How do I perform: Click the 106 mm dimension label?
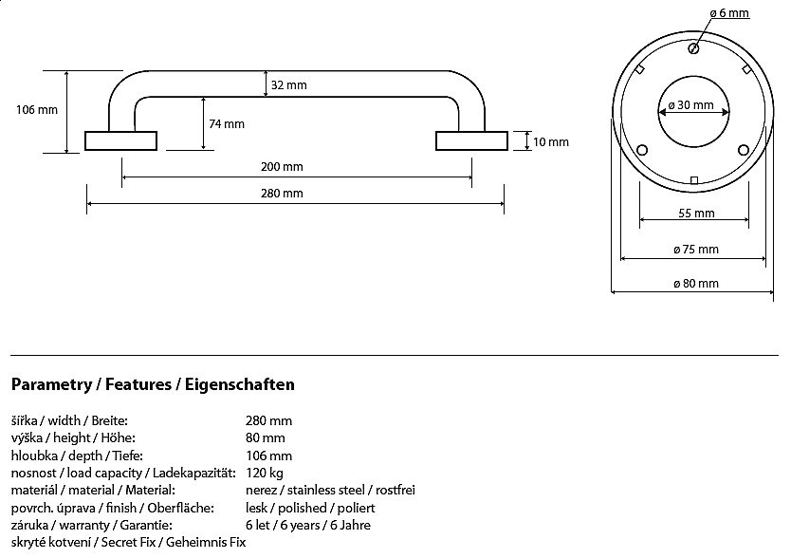click(x=37, y=109)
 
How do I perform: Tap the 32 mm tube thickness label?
click(x=288, y=84)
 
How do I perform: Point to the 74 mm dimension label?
click(x=227, y=123)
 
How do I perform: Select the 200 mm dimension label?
click(x=282, y=167)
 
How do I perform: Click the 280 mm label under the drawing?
click(x=282, y=193)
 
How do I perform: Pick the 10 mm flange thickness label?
click(x=551, y=142)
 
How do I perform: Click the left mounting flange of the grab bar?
click(x=120, y=140)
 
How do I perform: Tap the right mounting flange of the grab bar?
click(x=471, y=140)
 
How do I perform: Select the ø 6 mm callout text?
click(x=729, y=13)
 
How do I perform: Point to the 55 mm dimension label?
click(x=696, y=214)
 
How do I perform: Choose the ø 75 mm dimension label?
click(x=696, y=249)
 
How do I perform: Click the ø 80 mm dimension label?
click(x=696, y=284)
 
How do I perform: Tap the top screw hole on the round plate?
click(x=693, y=48)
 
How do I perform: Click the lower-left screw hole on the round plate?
click(x=642, y=150)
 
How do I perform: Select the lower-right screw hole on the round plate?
click(x=743, y=150)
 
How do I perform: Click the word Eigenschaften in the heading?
click(x=240, y=384)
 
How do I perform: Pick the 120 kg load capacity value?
click(x=265, y=474)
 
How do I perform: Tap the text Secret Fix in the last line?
click(x=129, y=543)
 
